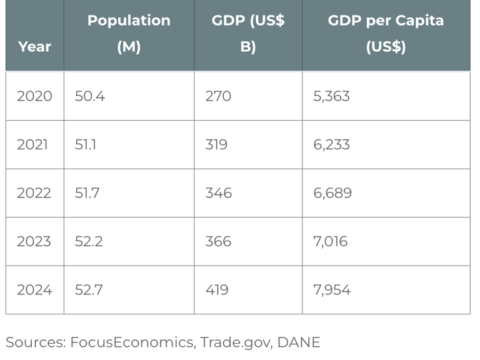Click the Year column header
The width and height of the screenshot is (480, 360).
point(34,46)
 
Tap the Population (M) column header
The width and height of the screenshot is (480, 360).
point(129,34)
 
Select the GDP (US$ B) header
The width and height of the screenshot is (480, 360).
point(248,34)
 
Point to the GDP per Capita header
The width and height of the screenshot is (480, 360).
point(386,34)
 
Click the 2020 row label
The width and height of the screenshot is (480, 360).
point(34,96)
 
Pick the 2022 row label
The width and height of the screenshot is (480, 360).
point(34,193)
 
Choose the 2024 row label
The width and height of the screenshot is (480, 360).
point(34,290)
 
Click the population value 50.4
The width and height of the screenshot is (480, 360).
point(89,96)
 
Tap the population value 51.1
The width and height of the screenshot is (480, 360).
point(86,145)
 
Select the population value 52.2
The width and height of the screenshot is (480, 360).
point(89,242)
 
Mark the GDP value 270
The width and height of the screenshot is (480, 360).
point(218,96)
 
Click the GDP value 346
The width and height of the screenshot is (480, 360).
point(218,193)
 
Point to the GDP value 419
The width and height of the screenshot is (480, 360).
point(217,290)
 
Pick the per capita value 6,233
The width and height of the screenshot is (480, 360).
point(331,145)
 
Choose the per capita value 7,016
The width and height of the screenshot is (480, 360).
point(331,242)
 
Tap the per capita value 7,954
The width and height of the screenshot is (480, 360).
point(332,290)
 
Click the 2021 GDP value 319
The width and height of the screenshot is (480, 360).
point(216,145)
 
